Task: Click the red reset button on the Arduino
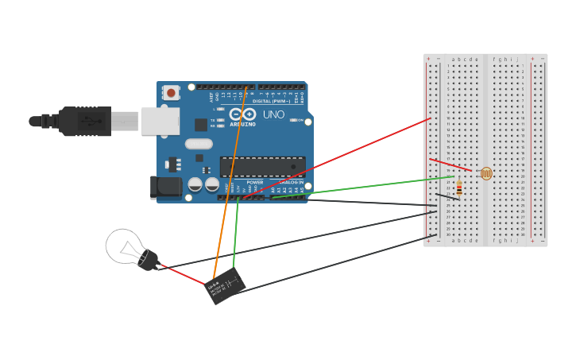(x=171, y=93)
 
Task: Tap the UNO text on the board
(x=273, y=114)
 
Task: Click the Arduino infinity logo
(x=243, y=114)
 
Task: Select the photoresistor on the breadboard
(x=485, y=173)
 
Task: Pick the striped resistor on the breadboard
(x=460, y=188)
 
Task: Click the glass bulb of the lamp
(x=123, y=246)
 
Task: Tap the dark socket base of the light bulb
(x=149, y=260)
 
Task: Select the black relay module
(x=225, y=286)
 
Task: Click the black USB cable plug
(x=84, y=122)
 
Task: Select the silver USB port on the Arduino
(x=160, y=121)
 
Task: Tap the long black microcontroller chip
(x=262, y=167)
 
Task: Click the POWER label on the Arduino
(x=255, y=182)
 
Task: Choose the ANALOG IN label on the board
(x=290, y=182)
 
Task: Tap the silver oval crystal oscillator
(x=199, y=144)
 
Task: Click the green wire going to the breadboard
(x=365, y=188)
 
